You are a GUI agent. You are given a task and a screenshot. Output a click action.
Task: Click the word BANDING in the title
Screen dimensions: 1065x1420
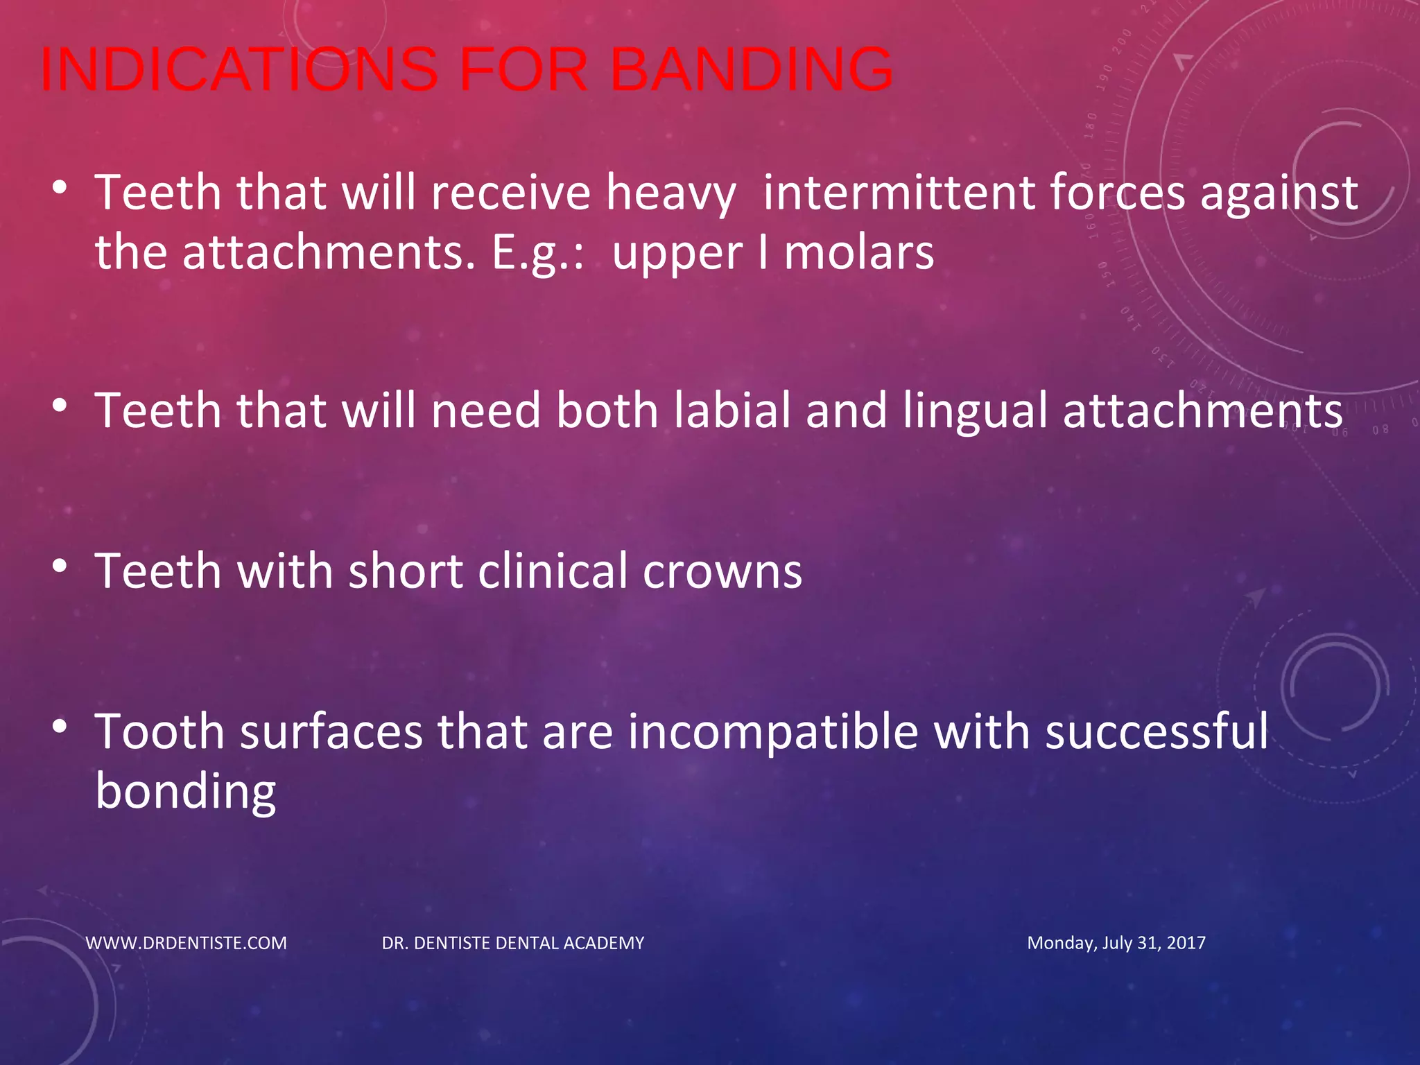[752, 69]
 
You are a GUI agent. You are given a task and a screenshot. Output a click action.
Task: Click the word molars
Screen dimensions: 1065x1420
[858, 253]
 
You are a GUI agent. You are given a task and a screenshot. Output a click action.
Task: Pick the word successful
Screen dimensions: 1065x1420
[1157, 731]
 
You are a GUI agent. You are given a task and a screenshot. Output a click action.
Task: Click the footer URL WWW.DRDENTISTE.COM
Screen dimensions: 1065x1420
[186, 943]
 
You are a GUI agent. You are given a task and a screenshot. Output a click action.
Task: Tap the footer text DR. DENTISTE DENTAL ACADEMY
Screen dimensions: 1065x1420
[513, 943]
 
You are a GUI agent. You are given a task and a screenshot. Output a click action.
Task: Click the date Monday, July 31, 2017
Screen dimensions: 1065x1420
[1116, 943]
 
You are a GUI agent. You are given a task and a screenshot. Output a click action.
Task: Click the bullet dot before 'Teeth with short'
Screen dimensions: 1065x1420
[60, 566]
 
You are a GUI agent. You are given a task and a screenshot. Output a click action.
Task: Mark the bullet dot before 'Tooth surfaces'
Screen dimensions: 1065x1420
[60, 727]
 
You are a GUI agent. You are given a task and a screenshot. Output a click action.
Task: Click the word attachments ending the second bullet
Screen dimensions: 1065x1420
[1202, 410]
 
